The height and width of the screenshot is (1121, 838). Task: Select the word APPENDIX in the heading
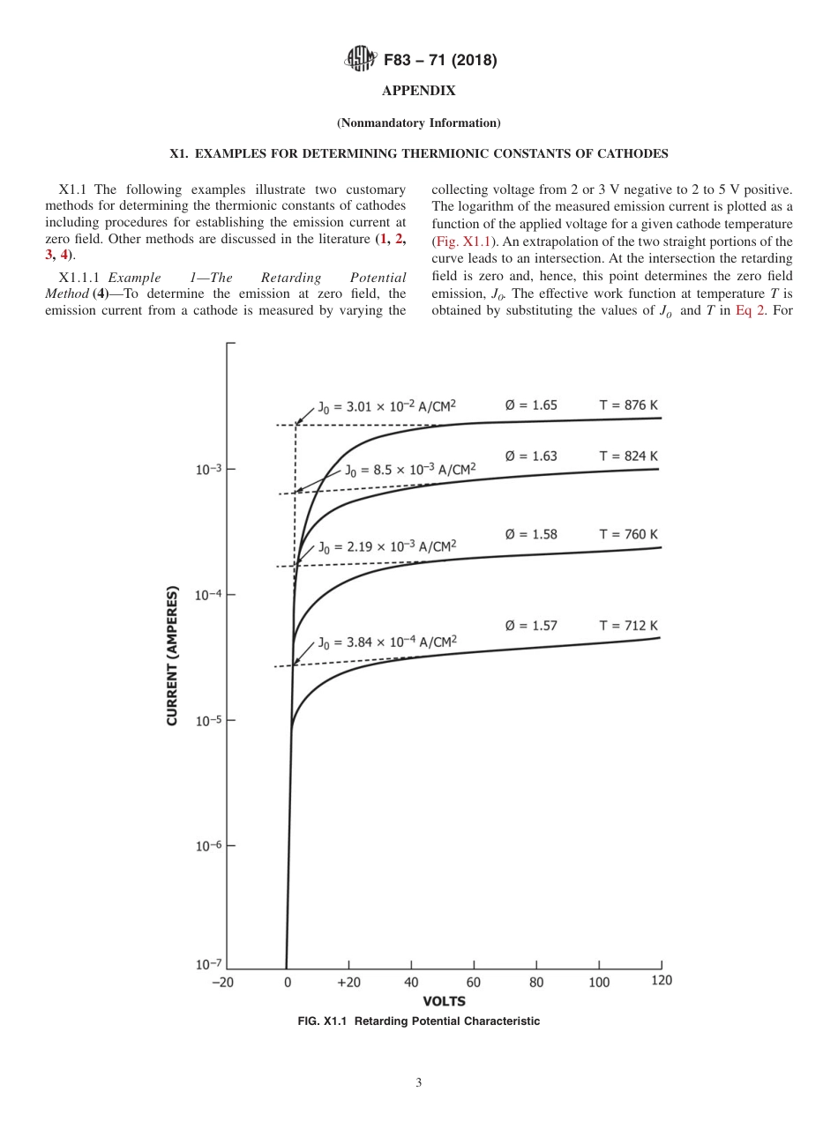coord(418,91)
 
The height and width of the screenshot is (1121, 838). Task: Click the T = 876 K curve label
coord(629,405)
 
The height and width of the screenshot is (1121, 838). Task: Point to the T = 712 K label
coord(629,626)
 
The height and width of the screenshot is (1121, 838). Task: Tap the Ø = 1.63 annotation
coord(531,457)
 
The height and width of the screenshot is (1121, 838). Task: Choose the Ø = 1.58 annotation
coord(531,535)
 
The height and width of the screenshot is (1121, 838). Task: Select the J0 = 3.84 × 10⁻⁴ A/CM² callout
coord(387,642)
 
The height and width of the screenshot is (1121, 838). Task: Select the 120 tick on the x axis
coord(661,982)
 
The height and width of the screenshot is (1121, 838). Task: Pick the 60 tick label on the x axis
coord(474,983)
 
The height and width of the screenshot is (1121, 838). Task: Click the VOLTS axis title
coord(444,1001)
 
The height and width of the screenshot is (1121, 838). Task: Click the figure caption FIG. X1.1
coord(418,1021)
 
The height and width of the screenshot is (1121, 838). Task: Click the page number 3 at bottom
coord(419,1083)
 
